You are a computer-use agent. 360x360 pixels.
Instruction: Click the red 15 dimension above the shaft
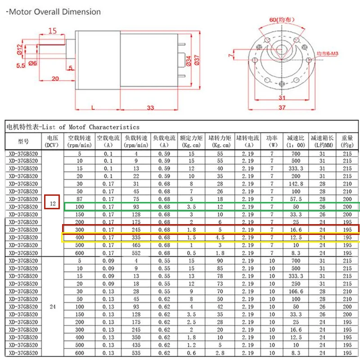[52, 31]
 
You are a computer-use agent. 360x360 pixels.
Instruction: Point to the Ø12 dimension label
[20, 49]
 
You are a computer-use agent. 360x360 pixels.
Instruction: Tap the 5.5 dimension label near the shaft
[21, 66]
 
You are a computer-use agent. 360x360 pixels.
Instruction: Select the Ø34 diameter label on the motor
[189, 61]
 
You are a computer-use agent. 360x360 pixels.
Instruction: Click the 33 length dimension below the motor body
[150, 108]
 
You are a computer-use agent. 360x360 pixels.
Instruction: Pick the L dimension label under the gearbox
[93, 108]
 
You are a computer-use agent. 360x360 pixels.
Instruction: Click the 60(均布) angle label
[282, 20]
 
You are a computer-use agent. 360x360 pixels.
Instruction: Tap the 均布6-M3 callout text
[328, 54]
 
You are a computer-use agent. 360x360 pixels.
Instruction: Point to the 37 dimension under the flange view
[282, 108]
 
